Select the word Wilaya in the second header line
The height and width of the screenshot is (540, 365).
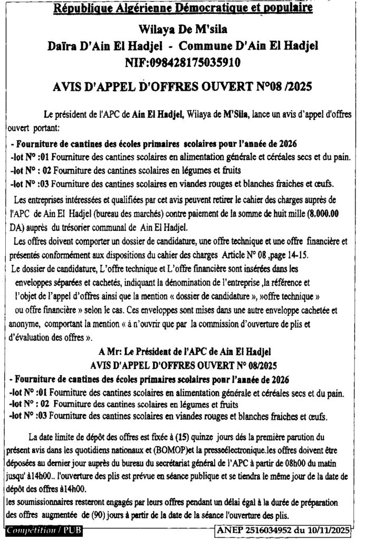tap(160, 28)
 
